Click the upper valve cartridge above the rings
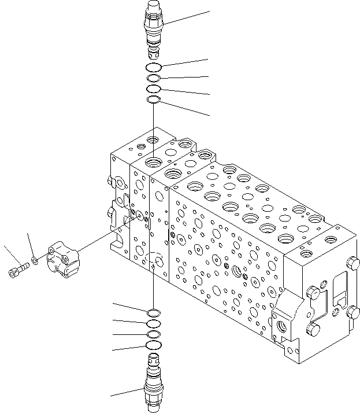pyautogui.click(x=153, y=28)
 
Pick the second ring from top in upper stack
pyautogui.click(x=153, y=79)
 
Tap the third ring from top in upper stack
pyautogui.click(x=153, y=89)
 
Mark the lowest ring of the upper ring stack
pyautogui.click(x=153, y=100)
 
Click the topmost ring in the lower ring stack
pyautogui.click(x=154, y=313)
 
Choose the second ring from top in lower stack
pyautogui.click(x=154, y=324)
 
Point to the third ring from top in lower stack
pyautogui.click(x=154, y=334)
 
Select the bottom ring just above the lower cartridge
pyautogui.click(x=154, y=345)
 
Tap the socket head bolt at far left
pyautogui.click(x=18, y=270)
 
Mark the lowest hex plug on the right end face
pyautogui.click(x=313, y=330)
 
